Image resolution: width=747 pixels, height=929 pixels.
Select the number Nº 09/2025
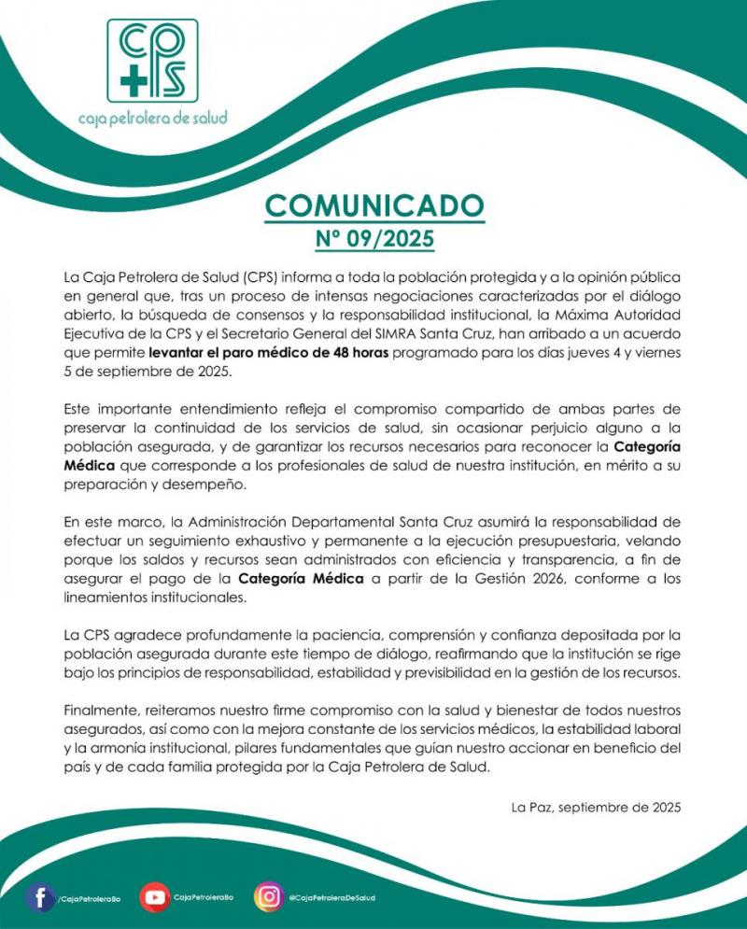373,239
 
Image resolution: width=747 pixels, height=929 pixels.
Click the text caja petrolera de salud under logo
152,119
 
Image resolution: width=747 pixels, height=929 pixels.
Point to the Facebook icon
39,897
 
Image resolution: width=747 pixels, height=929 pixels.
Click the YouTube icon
154,897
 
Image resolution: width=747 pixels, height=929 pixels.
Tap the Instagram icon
269,897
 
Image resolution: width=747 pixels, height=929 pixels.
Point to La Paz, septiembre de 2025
597,806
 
